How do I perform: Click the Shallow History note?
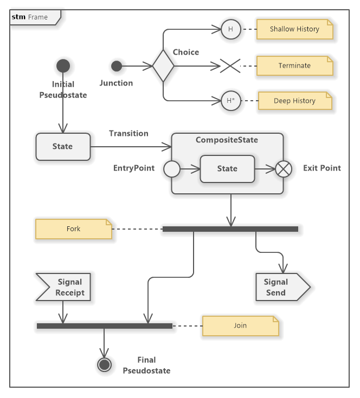[x=294, y=29]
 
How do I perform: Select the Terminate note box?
[x=294, y=66]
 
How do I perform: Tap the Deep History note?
[x=294, y=101]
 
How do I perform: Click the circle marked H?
[x=230, y=29]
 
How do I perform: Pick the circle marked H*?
[x=230, y=101]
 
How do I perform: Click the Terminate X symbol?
[x=230, y=66]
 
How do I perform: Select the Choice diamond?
[x=163, y=66]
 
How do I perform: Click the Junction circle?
[x=117, y=67]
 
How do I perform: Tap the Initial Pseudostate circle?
[x=63, y=67]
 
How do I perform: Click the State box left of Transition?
[x=63, y=146]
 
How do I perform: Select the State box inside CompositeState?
[x=227, y=169]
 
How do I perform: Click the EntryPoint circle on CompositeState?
[x=171, y=169]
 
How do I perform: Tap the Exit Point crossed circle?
[x=284, y=169]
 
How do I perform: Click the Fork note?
[x=74, y=229]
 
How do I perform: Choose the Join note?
[x=240, y=326]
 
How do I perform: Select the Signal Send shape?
[x=279, y=287]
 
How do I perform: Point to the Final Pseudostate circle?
[x=105, y=366]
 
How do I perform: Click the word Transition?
[x=128, y=133]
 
